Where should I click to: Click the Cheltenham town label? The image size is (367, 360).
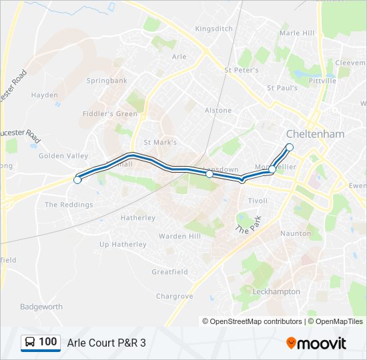(x=316, y=134)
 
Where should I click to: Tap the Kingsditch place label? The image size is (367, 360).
(x=214, y=29)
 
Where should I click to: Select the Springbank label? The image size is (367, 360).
(x=107, y=81)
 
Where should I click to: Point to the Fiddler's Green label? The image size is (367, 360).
(x=109, y=114)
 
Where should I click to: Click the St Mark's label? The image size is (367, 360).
(x=161, y=143)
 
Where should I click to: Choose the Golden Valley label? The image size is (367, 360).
(x=63, y=156)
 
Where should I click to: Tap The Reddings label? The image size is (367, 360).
(x=69, y=205)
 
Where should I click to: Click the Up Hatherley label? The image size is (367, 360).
(x=123, y=245)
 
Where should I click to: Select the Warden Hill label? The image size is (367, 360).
(x=179, y=236)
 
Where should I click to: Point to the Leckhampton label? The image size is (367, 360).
(x=276, y=292)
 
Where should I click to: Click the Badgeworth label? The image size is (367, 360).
(x=41, y=307)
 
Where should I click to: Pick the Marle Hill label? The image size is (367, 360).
(x=297, y=33)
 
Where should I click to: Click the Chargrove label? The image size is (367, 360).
(x=175, y=296)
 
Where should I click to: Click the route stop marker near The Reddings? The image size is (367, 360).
(x=77, y=180)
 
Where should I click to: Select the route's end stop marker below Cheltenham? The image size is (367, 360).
(x=290, y=147)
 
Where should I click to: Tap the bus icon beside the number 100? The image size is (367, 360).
(x=31, y=343)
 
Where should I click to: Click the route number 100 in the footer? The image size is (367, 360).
(x=48, y=342)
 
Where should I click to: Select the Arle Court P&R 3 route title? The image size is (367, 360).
(x=106, y=343)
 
